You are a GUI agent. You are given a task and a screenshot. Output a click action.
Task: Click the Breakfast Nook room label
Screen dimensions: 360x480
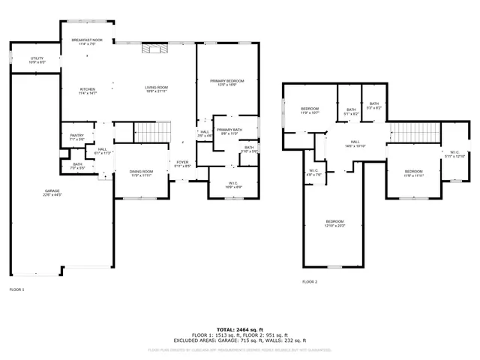[88, 42]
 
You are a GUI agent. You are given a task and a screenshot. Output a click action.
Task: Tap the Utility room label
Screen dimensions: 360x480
[37, 60]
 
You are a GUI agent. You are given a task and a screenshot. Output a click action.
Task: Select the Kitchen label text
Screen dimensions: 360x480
[88, 91]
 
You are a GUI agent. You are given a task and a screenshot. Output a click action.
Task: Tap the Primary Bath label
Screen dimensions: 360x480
[228, 130]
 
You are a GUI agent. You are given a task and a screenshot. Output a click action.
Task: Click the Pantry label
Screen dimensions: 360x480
[76, 137]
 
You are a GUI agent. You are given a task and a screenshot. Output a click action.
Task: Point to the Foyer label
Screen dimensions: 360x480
[182, 163]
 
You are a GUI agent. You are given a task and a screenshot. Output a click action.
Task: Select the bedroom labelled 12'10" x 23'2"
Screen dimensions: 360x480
[334, 223]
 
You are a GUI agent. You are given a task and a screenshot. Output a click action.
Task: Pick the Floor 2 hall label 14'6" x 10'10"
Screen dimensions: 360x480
[355, 143]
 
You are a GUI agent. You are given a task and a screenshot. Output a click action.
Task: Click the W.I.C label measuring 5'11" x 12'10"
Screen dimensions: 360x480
[454, 154]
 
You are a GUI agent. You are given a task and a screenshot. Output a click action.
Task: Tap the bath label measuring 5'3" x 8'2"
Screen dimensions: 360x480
[373, 106]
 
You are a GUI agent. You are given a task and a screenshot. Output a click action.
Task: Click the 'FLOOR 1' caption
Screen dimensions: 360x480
[16, 289]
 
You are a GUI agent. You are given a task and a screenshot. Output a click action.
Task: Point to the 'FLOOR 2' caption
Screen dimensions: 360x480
[310, 282]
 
